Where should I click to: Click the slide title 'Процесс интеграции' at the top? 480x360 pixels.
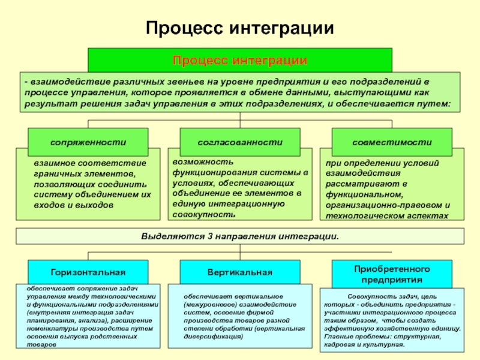[240, 29]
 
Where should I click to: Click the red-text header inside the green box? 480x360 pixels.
[240, 61]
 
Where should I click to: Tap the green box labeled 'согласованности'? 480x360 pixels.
[240, 142]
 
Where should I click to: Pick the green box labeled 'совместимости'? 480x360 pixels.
[392, 142]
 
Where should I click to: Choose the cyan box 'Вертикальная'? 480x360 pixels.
[240, 272]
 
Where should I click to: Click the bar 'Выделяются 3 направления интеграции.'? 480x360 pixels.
[240, 236]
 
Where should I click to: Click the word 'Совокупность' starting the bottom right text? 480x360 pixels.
[367, 296]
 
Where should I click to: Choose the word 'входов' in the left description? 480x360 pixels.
[49, 205]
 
